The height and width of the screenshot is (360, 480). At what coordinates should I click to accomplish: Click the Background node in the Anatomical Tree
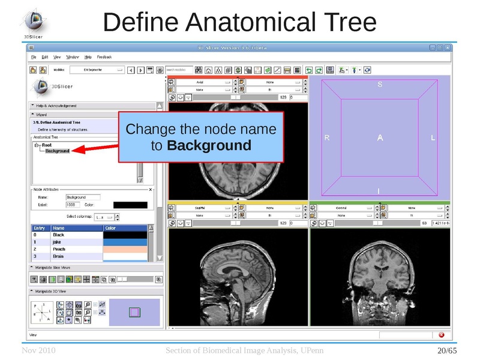tap(58, 151)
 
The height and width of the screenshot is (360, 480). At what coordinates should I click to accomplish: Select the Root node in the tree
tap(46, 145)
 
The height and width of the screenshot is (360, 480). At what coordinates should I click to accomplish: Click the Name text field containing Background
tap(83, 197)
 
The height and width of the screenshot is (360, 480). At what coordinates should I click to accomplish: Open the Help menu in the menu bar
tap(88, 57)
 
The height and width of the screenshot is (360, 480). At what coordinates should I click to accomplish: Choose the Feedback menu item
tap(104, 57)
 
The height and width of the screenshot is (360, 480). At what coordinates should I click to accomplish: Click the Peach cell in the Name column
tap(59, 249)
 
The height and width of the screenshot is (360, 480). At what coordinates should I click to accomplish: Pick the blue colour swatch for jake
tap(124, 242)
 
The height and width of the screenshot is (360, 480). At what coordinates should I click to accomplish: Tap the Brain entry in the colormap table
tap(59, 256)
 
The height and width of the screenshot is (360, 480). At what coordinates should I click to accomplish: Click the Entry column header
tap(39, 228)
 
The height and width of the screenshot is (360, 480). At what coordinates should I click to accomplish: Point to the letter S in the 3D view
tap(379, 85)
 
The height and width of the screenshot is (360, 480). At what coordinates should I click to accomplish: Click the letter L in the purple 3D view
tap(433, 138)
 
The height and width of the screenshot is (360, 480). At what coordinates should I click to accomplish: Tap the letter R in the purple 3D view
tap(327, 138)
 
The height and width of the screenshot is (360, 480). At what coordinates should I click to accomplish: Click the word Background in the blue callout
tap(209, 145)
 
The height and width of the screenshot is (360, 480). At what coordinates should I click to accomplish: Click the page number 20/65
tap(447, 350)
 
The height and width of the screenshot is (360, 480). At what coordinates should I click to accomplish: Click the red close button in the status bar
tap(442, 335)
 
